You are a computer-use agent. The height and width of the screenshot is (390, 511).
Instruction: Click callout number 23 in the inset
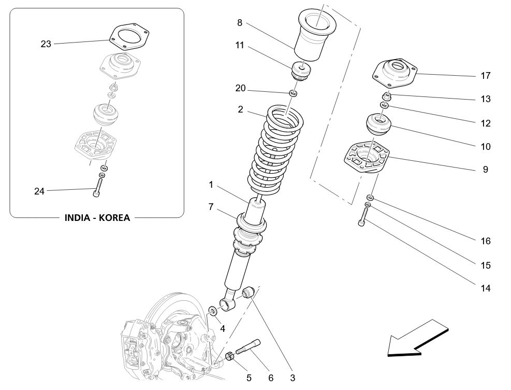(46, 44)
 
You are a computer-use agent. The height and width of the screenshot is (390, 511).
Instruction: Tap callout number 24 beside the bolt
(39, 191)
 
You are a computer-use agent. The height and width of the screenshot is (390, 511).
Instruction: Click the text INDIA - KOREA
(97, 217)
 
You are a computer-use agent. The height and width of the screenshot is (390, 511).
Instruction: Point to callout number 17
(485, 76)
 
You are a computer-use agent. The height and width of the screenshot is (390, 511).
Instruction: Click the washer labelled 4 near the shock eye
(213, 311)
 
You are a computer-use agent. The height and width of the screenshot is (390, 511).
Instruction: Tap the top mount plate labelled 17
(396, 72)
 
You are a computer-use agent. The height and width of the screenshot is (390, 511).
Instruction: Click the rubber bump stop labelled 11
(301, 71)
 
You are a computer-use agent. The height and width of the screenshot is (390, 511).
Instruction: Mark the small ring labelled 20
(293, 93)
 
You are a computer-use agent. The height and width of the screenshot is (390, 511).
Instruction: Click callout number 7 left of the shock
(211, 207)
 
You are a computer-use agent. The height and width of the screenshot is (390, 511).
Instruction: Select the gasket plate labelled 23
(130, 38)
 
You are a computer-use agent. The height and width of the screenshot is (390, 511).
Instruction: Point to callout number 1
(211, 184)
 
